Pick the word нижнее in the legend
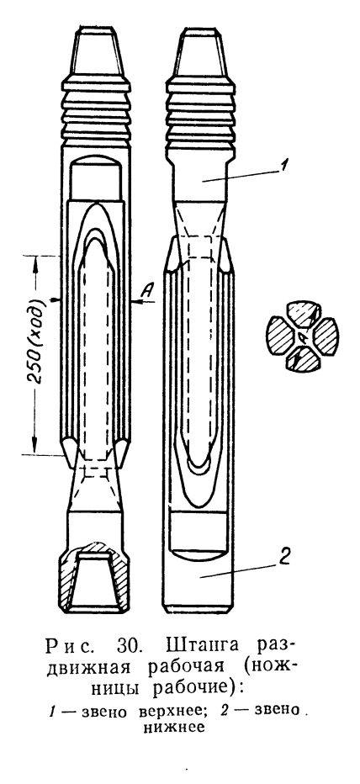point(172,728)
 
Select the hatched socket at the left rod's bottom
point(95,577)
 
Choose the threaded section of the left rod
point(97,111)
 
